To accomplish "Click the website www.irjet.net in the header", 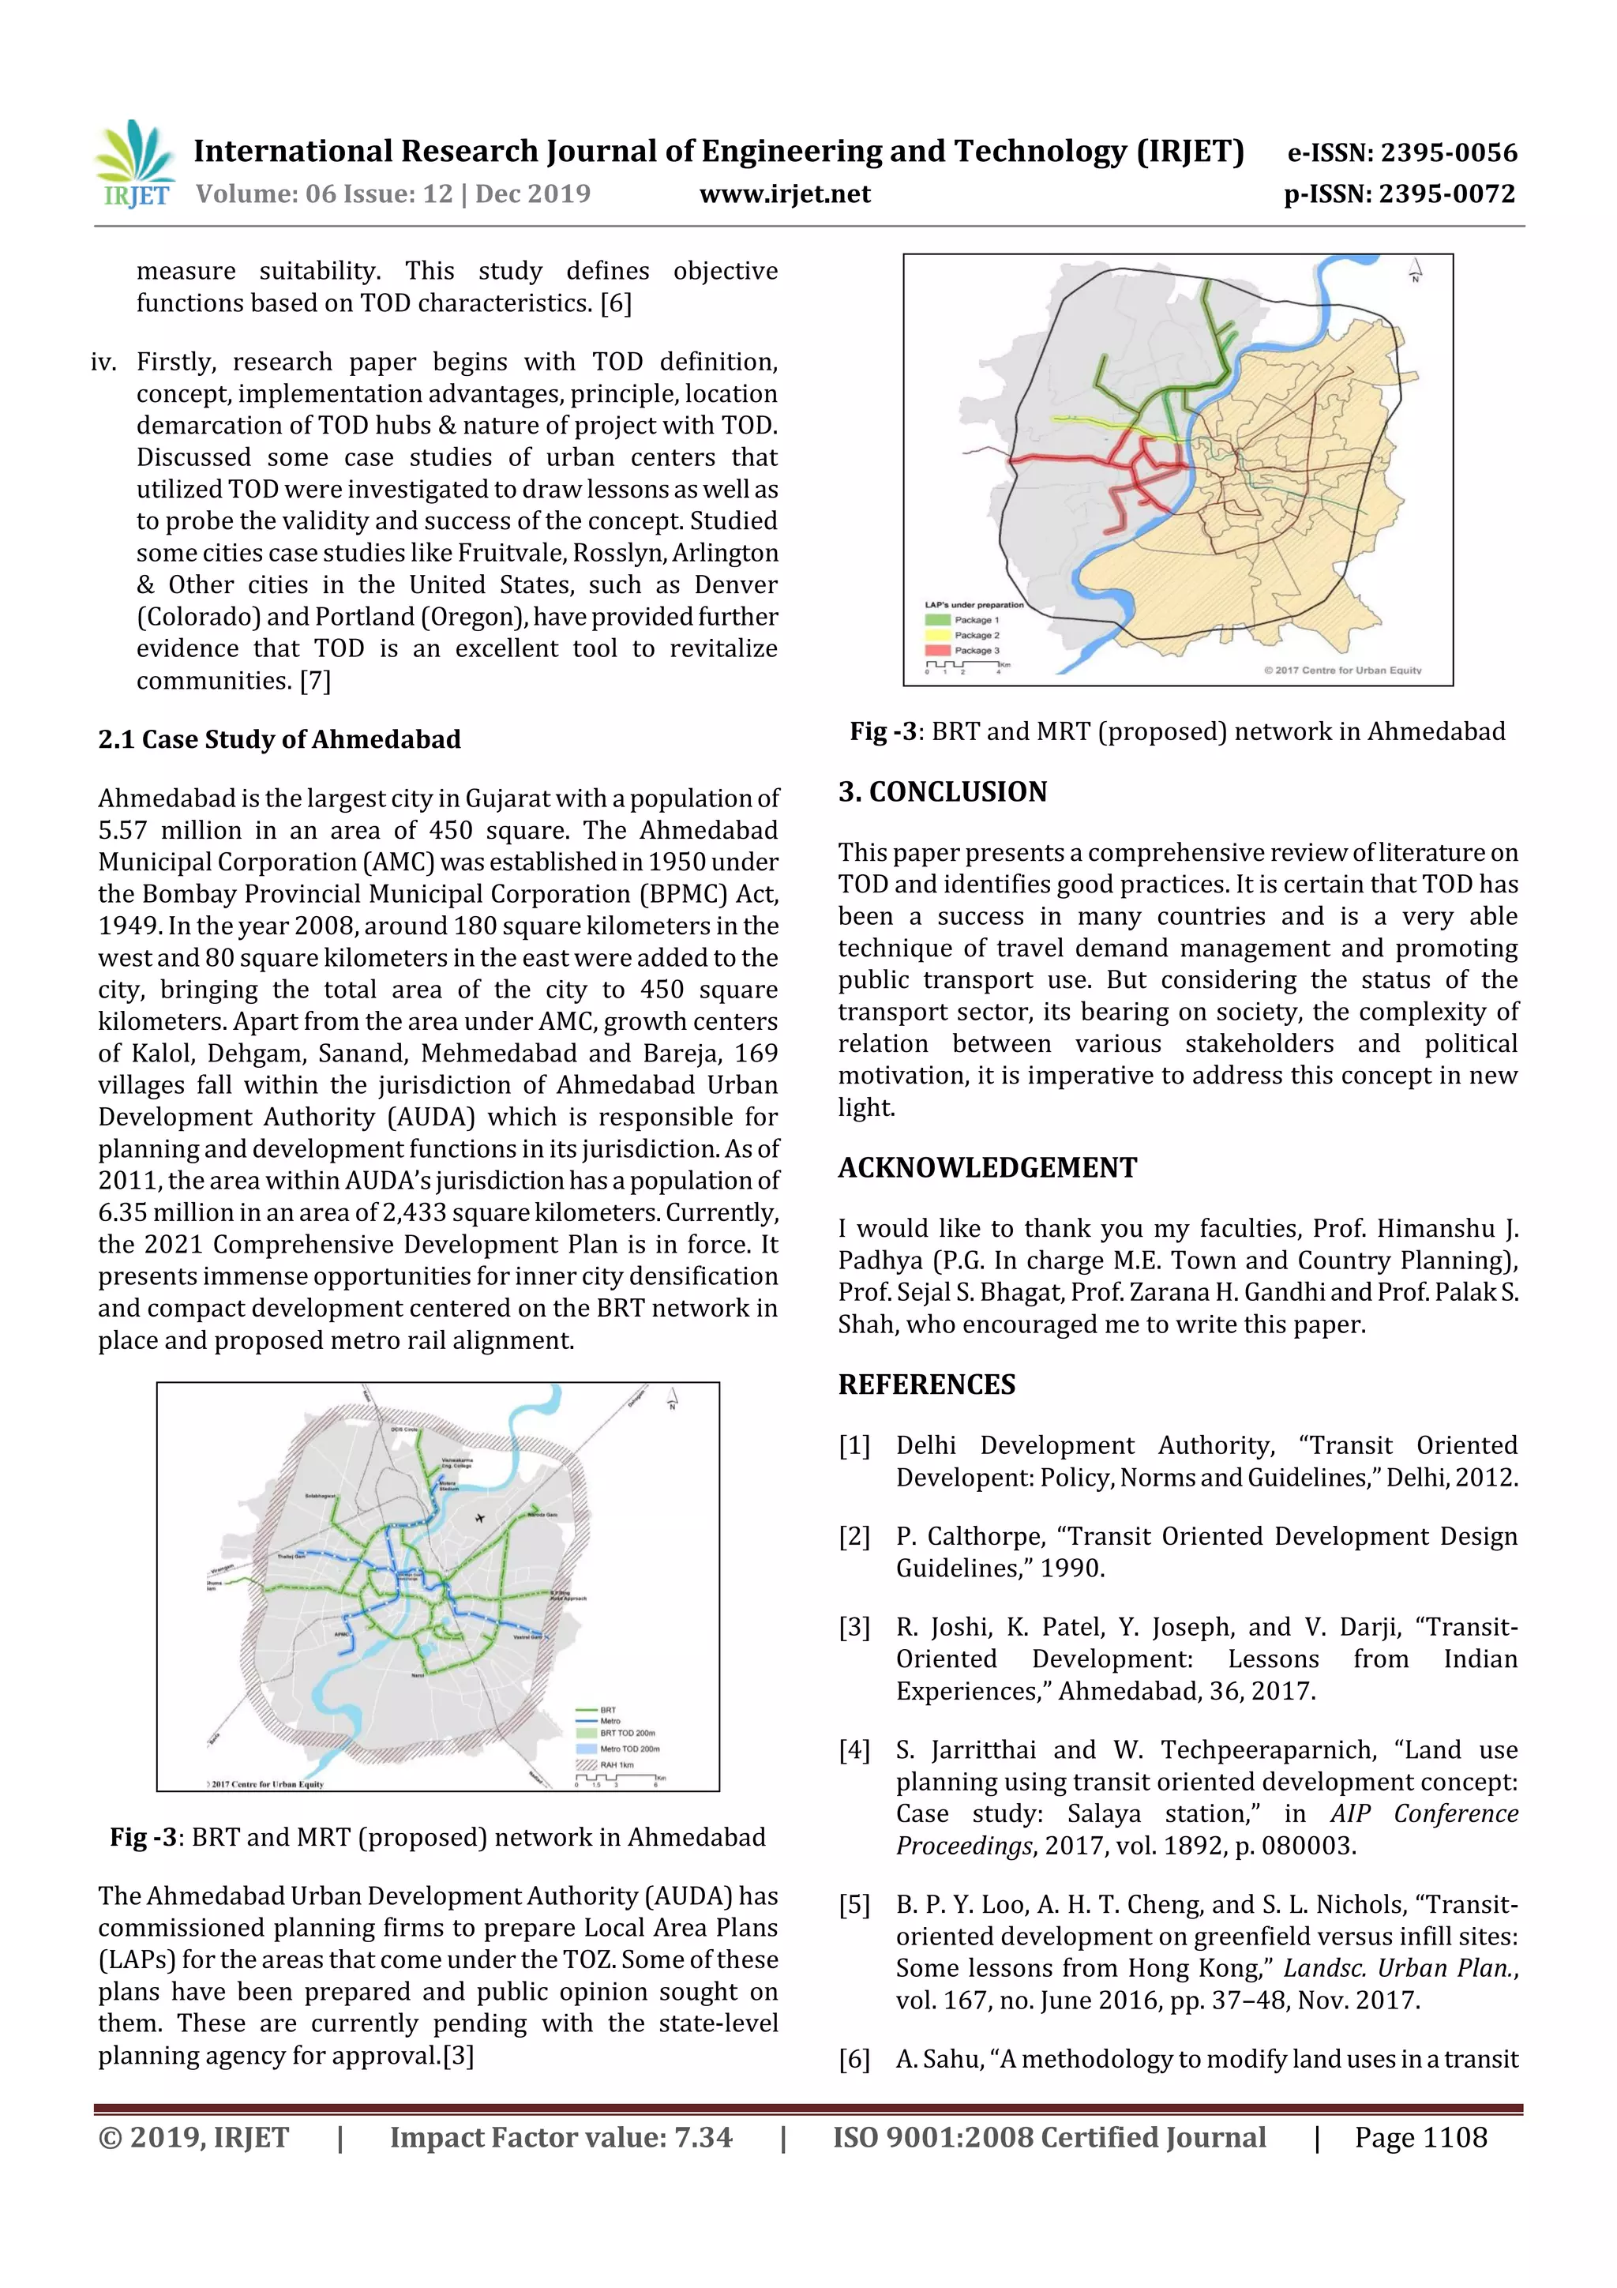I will [784, 193].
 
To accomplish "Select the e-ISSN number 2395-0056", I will [1447, 152].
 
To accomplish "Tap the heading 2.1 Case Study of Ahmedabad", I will [279, 738].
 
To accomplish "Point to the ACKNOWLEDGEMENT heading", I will [986, 1167].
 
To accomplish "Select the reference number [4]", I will [854, 1750].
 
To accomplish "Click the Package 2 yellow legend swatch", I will [937, 635].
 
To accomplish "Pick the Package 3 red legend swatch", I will [937, 650].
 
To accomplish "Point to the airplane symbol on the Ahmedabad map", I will [480, 1518].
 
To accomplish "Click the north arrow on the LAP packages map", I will [1415, 270].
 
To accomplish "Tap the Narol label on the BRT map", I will [418, 1675].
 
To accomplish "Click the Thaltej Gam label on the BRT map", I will [291, 1556].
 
